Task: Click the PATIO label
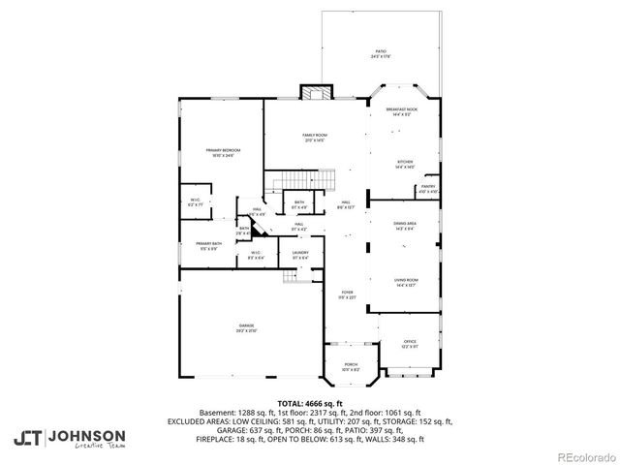[x=381, y=53]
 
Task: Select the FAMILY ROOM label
[x=314, y=138]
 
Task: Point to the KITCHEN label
[x=404, y=164]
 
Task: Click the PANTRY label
[x=427, y=188]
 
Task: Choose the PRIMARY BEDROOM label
[x=223, y=153]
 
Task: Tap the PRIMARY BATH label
[x=209, y=245]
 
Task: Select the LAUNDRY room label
[x=300, y=255]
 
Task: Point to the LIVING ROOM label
[x=405, y=282]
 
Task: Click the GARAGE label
[x=247, y=327]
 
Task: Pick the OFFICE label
[x=410, y=344]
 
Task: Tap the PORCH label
[x=350, y=366]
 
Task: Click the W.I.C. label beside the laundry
[x=257, y=255]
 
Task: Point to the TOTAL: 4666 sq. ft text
[x=310, y=402]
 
